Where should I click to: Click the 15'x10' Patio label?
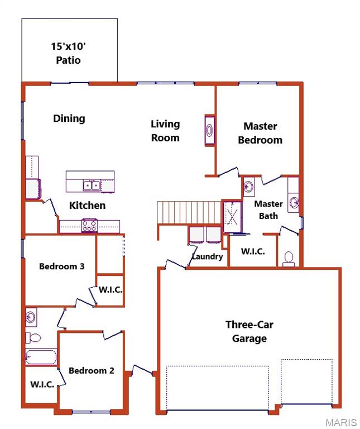(x=69, y=53)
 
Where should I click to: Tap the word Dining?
(x=69, y=118)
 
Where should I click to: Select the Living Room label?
(x=166, y=131)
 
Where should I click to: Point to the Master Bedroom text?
(x=260, y=134)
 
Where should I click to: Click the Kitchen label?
(x=87, y=206)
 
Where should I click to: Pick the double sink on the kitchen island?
(x=91, y=185)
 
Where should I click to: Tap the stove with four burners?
(x=89, y=225)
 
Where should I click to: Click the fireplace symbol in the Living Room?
(x=209, y=131)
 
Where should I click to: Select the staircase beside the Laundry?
(x=189, y=212)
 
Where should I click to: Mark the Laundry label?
(x=208, y=257)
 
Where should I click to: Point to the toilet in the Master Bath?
(x=289, y=258)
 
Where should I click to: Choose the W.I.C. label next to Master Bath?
(x=253, y=251)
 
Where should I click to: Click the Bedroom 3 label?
(x=61, y=266)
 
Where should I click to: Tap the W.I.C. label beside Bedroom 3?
(x=111, y=290)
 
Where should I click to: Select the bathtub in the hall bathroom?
(x=41, y=357)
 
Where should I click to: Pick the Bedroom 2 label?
(x=92, y=370)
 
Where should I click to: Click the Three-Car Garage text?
(x=249, y=331)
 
